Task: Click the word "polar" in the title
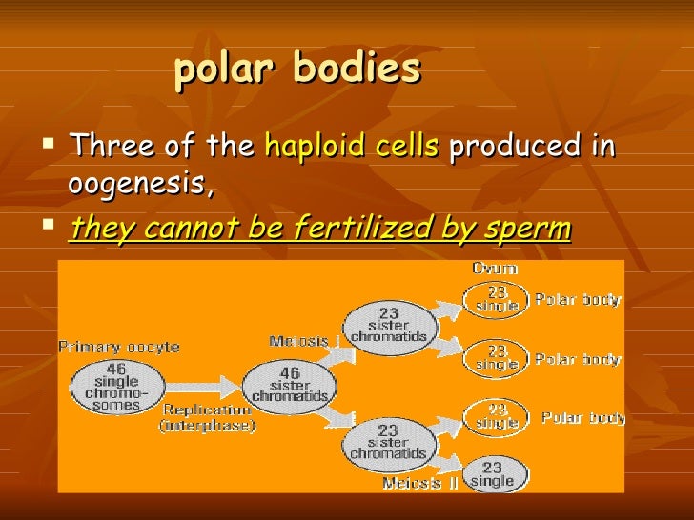pyautogui.click(x=224, y=70)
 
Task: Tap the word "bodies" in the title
pyautogui.click(x=357, y=70)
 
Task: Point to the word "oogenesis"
pyautogui.click(x=138, y=183)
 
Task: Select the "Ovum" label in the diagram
pyautogui.click(x=495, y=270)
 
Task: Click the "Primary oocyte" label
pyautogui.click(x=119, y=348)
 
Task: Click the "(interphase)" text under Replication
pyautogui.click(x=207, y=426)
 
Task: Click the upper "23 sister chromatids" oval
pyautogui.click(x=388, y=324)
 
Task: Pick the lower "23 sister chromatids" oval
pyautogui.click(x=388, y=441)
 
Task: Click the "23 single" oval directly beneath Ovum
pyautogui.click(x=495, y=299)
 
